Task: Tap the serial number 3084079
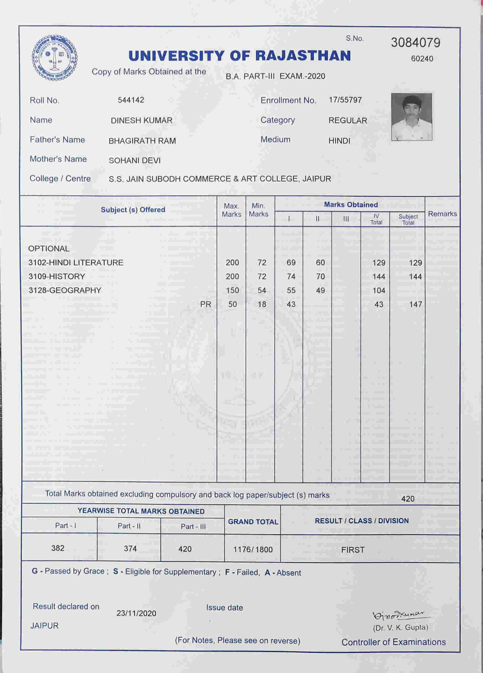click(x=416, y=43)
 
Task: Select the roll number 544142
click(x=131, y=100)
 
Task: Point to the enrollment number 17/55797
click(x=345, y=100)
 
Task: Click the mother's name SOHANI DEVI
click(x=134, y=160)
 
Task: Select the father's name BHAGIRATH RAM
click(x=142, y=141)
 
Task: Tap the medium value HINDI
click(x=339, y=141)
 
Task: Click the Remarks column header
click(x=442, y=214)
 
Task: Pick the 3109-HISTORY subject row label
click(x=57, y=277)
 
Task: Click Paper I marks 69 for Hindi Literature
click(x=291, y=263)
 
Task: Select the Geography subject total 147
click(x=416, y=304)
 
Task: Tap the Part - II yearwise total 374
click(x=130, y=548)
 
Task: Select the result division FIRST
click(x=353, y=550)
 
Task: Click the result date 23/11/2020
click(x=136, y=613)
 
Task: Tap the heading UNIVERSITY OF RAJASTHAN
click(x=240, y=56)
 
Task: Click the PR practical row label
click(x=206, y=304)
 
